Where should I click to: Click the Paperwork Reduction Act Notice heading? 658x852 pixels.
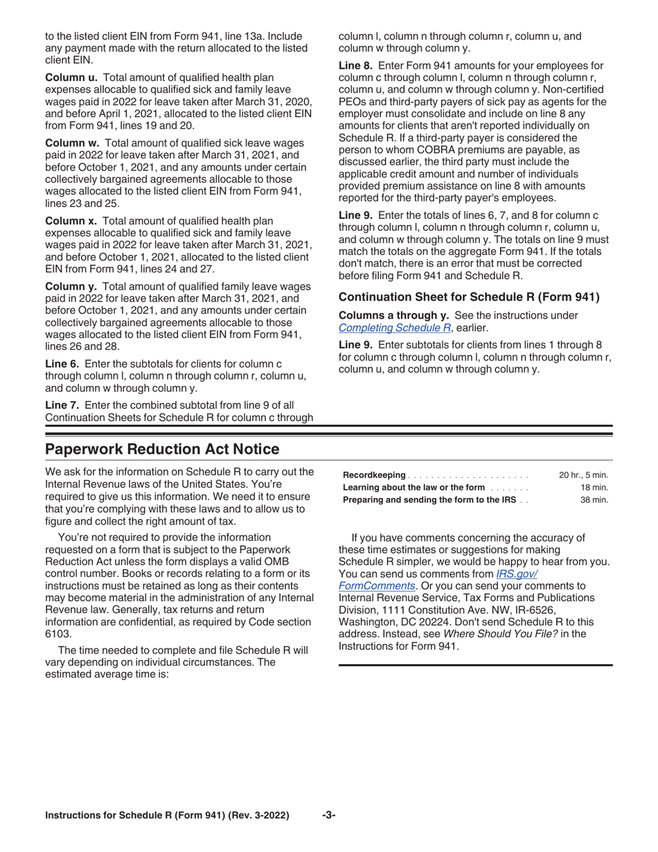162,450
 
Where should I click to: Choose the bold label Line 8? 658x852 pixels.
355,65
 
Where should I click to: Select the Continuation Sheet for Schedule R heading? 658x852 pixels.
469,297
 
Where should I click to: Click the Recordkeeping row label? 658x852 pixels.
374,475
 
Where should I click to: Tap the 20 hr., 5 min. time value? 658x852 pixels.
583,475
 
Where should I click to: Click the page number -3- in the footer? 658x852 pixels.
329,815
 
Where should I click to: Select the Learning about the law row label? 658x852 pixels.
414,488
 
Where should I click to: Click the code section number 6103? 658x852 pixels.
58,633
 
